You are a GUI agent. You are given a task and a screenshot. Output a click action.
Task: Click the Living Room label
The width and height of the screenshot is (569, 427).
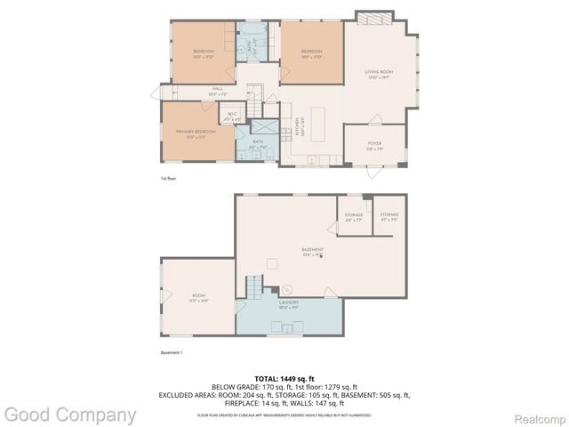coord(379,73)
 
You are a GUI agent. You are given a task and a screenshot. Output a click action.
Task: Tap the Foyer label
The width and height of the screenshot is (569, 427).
coord(375,144)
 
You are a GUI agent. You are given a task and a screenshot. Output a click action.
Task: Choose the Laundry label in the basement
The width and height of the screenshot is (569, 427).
coord(288,302)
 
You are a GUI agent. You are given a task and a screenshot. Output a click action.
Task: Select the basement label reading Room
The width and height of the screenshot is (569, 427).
coord(198,296)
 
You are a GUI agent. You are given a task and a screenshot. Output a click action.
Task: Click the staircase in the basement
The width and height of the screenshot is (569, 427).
coord(255,286)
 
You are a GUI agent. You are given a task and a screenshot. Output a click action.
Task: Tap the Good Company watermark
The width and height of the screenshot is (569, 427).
coord(69,415)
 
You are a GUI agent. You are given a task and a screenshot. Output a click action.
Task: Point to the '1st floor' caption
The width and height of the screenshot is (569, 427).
coord(169,179)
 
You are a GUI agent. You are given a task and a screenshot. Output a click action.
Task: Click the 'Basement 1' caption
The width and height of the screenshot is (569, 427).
coord(171,353)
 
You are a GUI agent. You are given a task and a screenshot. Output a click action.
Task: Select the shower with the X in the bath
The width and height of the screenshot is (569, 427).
coord(264,130)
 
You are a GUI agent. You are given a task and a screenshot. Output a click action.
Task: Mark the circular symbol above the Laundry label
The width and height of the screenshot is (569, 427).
coord(287,289)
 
